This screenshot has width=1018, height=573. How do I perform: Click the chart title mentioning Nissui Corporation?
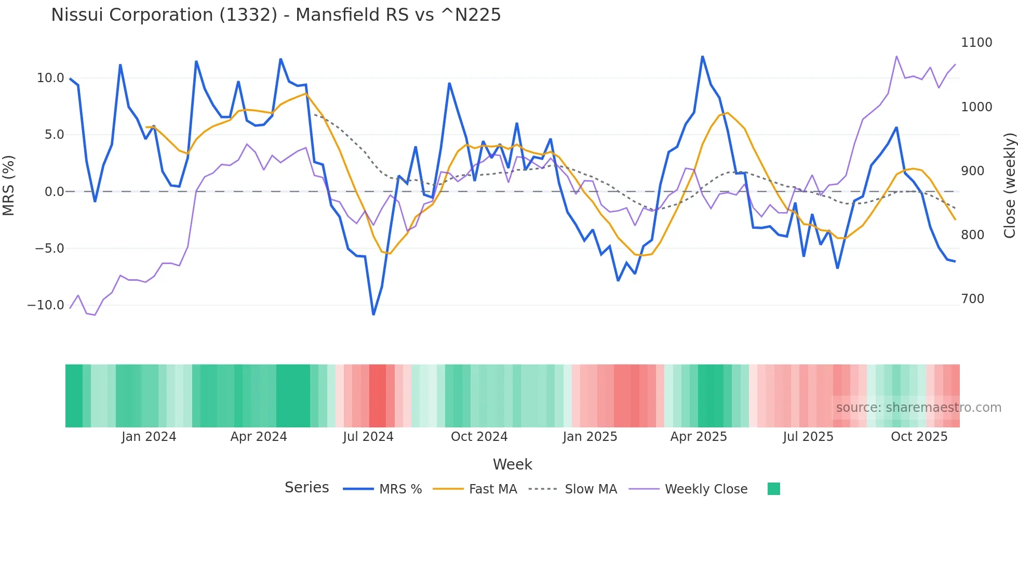276,15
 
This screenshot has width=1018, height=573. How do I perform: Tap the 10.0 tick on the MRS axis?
50,78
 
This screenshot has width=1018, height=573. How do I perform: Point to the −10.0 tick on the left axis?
46,305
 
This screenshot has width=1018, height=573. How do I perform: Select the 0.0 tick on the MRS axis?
54,192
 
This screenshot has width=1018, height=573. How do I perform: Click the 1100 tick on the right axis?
976,43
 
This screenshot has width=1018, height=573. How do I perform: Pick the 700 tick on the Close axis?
972,299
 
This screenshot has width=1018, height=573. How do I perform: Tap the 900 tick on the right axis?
972,171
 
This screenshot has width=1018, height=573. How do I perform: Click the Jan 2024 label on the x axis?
149,437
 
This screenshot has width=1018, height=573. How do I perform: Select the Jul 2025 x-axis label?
808,437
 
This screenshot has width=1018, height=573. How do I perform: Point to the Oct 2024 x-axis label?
479,437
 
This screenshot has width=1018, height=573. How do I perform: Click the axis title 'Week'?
512,464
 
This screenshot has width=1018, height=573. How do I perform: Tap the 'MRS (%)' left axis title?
9,185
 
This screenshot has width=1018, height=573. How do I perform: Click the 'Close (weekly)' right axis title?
1009,185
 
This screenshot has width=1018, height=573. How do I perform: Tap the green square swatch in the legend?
773,489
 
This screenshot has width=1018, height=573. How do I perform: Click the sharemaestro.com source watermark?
918,408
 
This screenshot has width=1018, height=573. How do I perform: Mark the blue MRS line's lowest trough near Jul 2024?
373,314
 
